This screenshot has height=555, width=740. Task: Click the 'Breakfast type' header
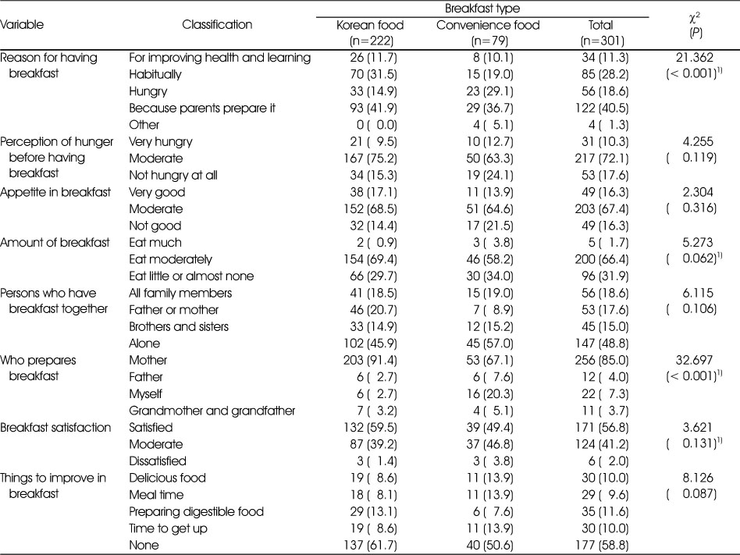click(x=482, y=8)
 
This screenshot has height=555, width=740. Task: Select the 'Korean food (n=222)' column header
click(x=371, y=33)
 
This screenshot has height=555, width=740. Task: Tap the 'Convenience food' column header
click(x=488, y=25)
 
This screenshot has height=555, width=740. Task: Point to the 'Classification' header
click(x=217, y=24)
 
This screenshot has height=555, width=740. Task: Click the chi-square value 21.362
click(x=694, y=58)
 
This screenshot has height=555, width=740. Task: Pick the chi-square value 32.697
click(x=694, y=360)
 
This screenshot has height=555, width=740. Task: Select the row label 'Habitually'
click(x=155, y=75)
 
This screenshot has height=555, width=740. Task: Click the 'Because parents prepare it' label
click(x=202, y=108)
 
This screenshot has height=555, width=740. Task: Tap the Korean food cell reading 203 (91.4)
click(x=371, y=360)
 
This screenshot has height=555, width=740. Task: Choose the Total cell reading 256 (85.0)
click(x=602, y=360)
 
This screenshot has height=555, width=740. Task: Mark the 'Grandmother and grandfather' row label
click(x=212, y=411)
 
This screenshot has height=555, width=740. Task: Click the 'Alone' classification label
click(x=144, y=343)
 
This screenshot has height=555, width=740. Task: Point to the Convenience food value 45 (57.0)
click(x=489, y=343)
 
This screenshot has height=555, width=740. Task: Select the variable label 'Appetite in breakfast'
click(x=55, y=192)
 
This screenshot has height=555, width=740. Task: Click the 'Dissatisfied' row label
click(x=158, y=461)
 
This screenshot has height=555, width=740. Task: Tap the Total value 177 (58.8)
click(x=602, y=545)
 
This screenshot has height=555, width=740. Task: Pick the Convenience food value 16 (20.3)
click(x=489, y=393)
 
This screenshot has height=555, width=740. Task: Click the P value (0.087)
click(x=692, y=495)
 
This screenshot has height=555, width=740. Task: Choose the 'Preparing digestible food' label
click(x=197, y=511)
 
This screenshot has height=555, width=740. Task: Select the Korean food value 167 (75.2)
click(x=371, y=158)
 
